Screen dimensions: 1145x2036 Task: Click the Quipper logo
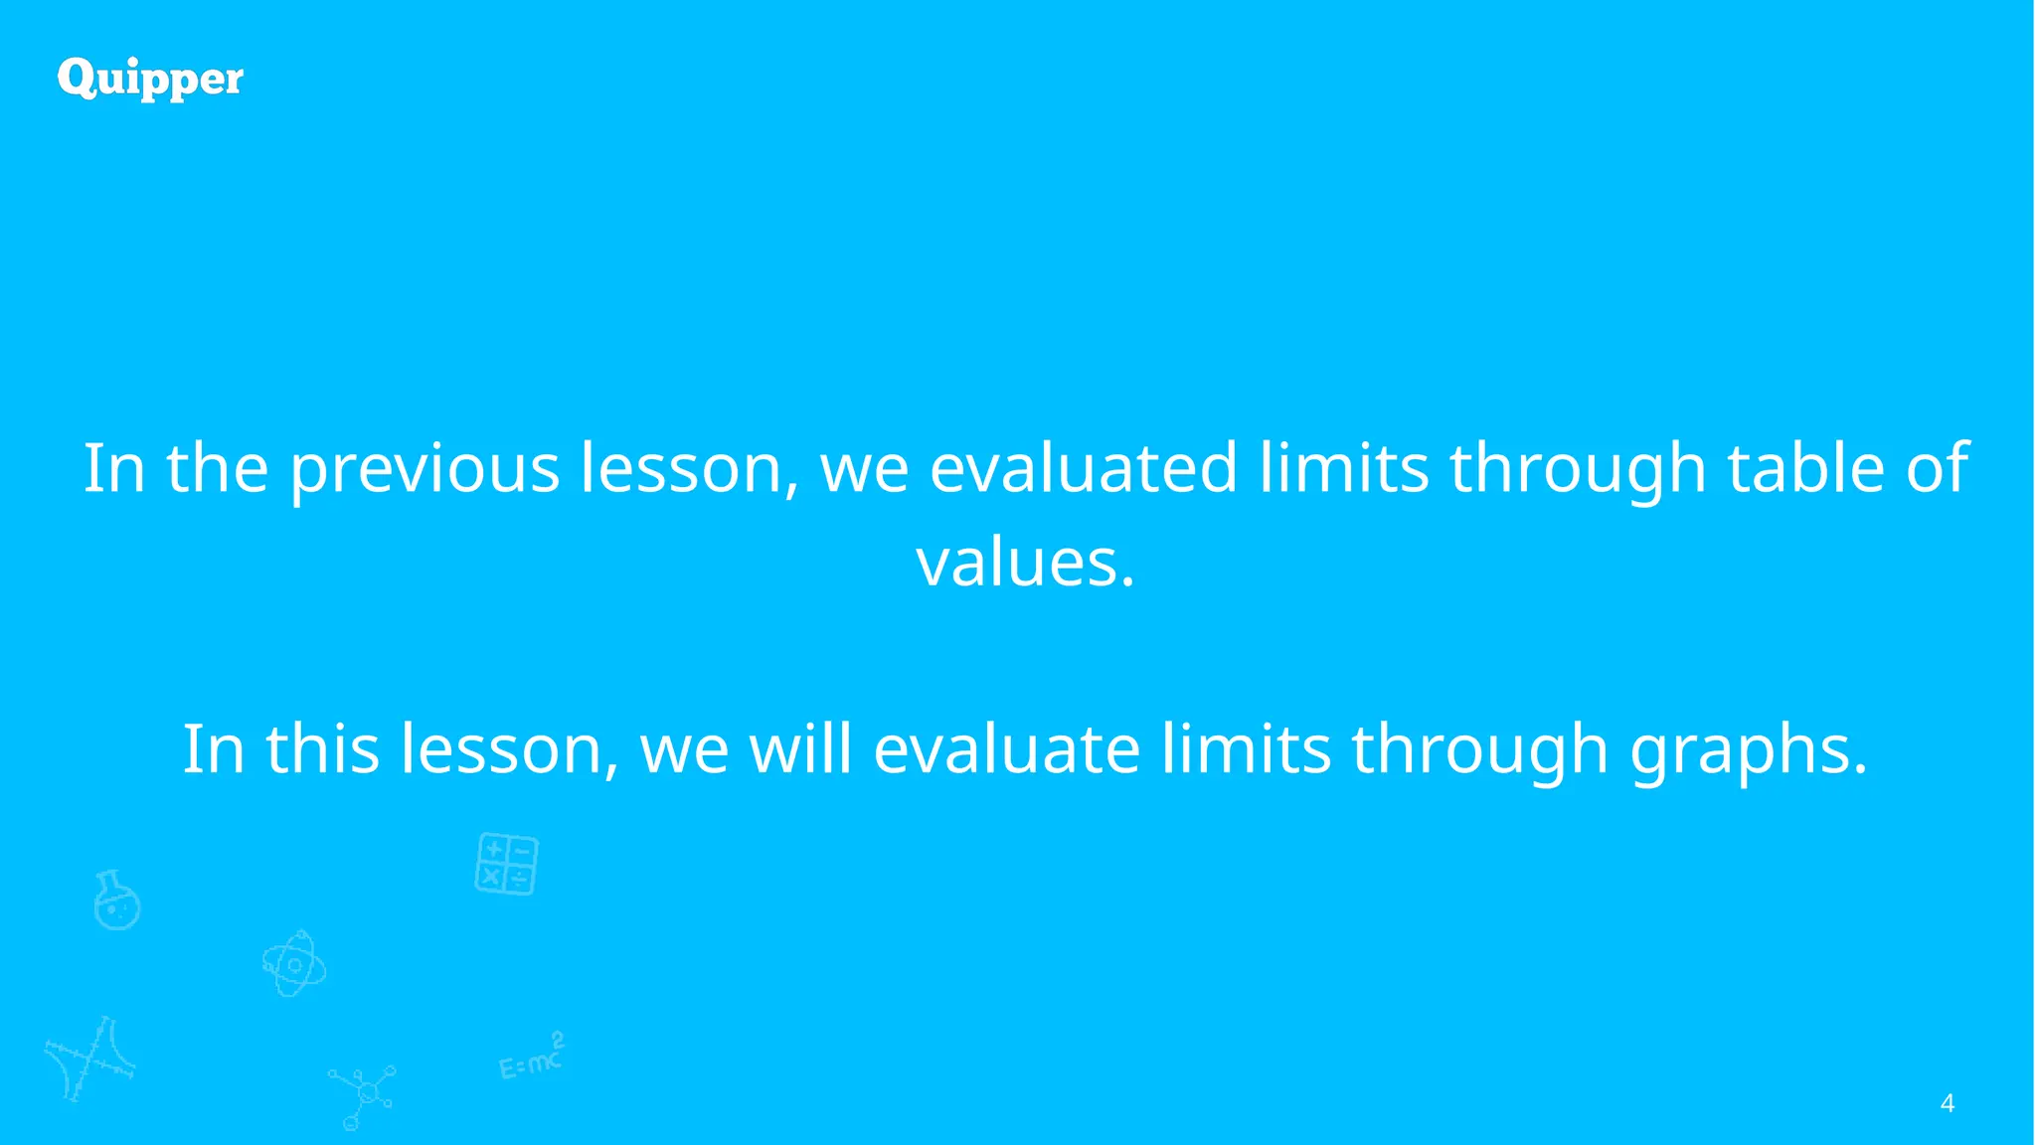click(150, 79)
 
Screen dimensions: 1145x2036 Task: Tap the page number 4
click(1947, 1103)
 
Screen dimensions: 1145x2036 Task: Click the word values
click(1024, 563)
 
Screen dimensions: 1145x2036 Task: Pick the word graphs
click(1749, 749)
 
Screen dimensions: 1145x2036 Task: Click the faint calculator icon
click(507, 864)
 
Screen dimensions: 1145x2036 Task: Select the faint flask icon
click(116, 900)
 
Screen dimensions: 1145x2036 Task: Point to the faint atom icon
click(293, 964)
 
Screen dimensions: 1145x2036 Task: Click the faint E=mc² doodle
click(532, 1058)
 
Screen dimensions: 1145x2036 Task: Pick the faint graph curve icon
click(89, 1059)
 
